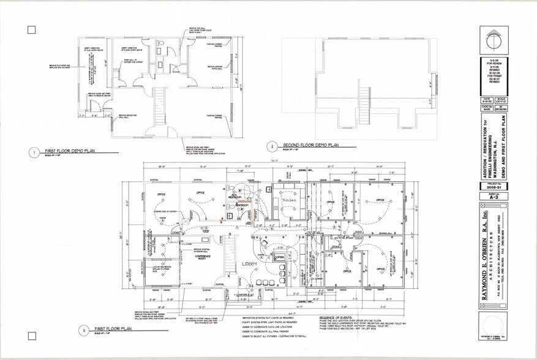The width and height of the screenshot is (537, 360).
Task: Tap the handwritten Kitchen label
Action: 289,200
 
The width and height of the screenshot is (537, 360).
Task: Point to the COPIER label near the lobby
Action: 280,258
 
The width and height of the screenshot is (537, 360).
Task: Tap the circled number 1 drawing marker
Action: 35,151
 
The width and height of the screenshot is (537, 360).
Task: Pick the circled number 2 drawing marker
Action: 271,147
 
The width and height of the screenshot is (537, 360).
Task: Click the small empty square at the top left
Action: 32,30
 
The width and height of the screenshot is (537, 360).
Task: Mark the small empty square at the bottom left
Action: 32,336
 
